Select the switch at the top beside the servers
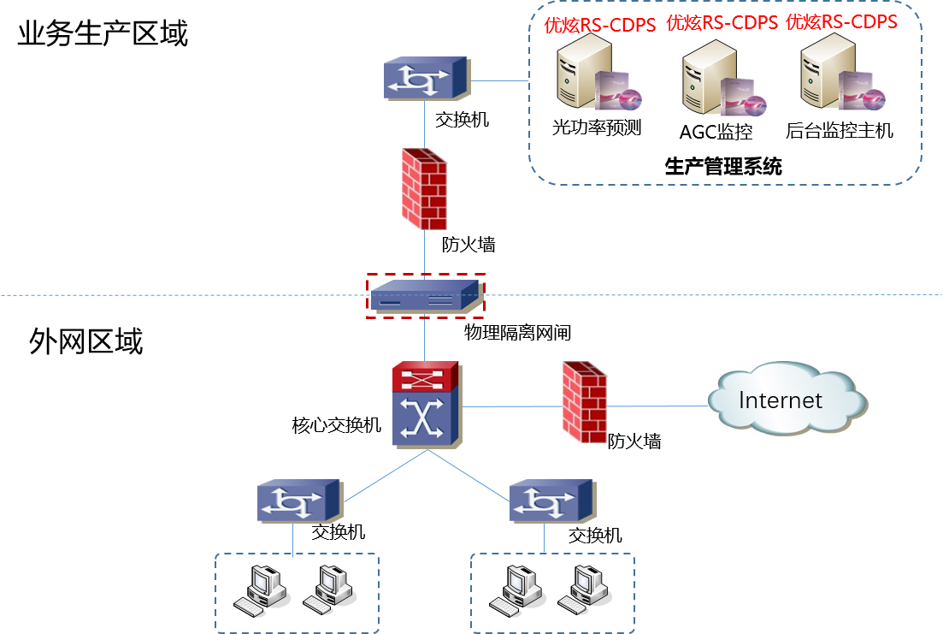click(x=426, y=79)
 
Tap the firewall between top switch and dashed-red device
click(x=424, y=189)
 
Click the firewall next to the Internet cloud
click(x=585, y=402)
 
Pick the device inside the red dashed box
click(x=425, y=296)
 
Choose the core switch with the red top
click(x=427, y=405)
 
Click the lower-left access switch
click(x=299, y=501)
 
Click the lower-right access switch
click(x=552, y=501)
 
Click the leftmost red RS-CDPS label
click(x=600, y=25)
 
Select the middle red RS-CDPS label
click(x=722, y=23)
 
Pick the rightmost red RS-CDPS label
click(x=841, y=21)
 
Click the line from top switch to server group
click(x=499, y=81)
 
